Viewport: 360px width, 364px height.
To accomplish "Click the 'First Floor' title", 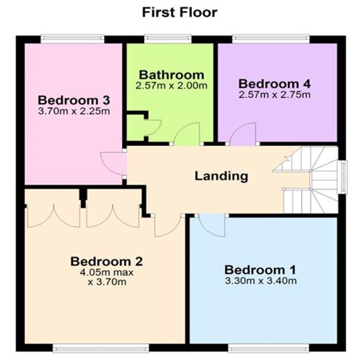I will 180,12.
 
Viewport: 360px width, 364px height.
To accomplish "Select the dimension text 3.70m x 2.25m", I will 73,111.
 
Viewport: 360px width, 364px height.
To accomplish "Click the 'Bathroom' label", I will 171,74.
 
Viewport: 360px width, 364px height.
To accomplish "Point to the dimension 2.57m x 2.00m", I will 171,85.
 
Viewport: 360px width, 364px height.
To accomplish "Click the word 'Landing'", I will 221,175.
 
